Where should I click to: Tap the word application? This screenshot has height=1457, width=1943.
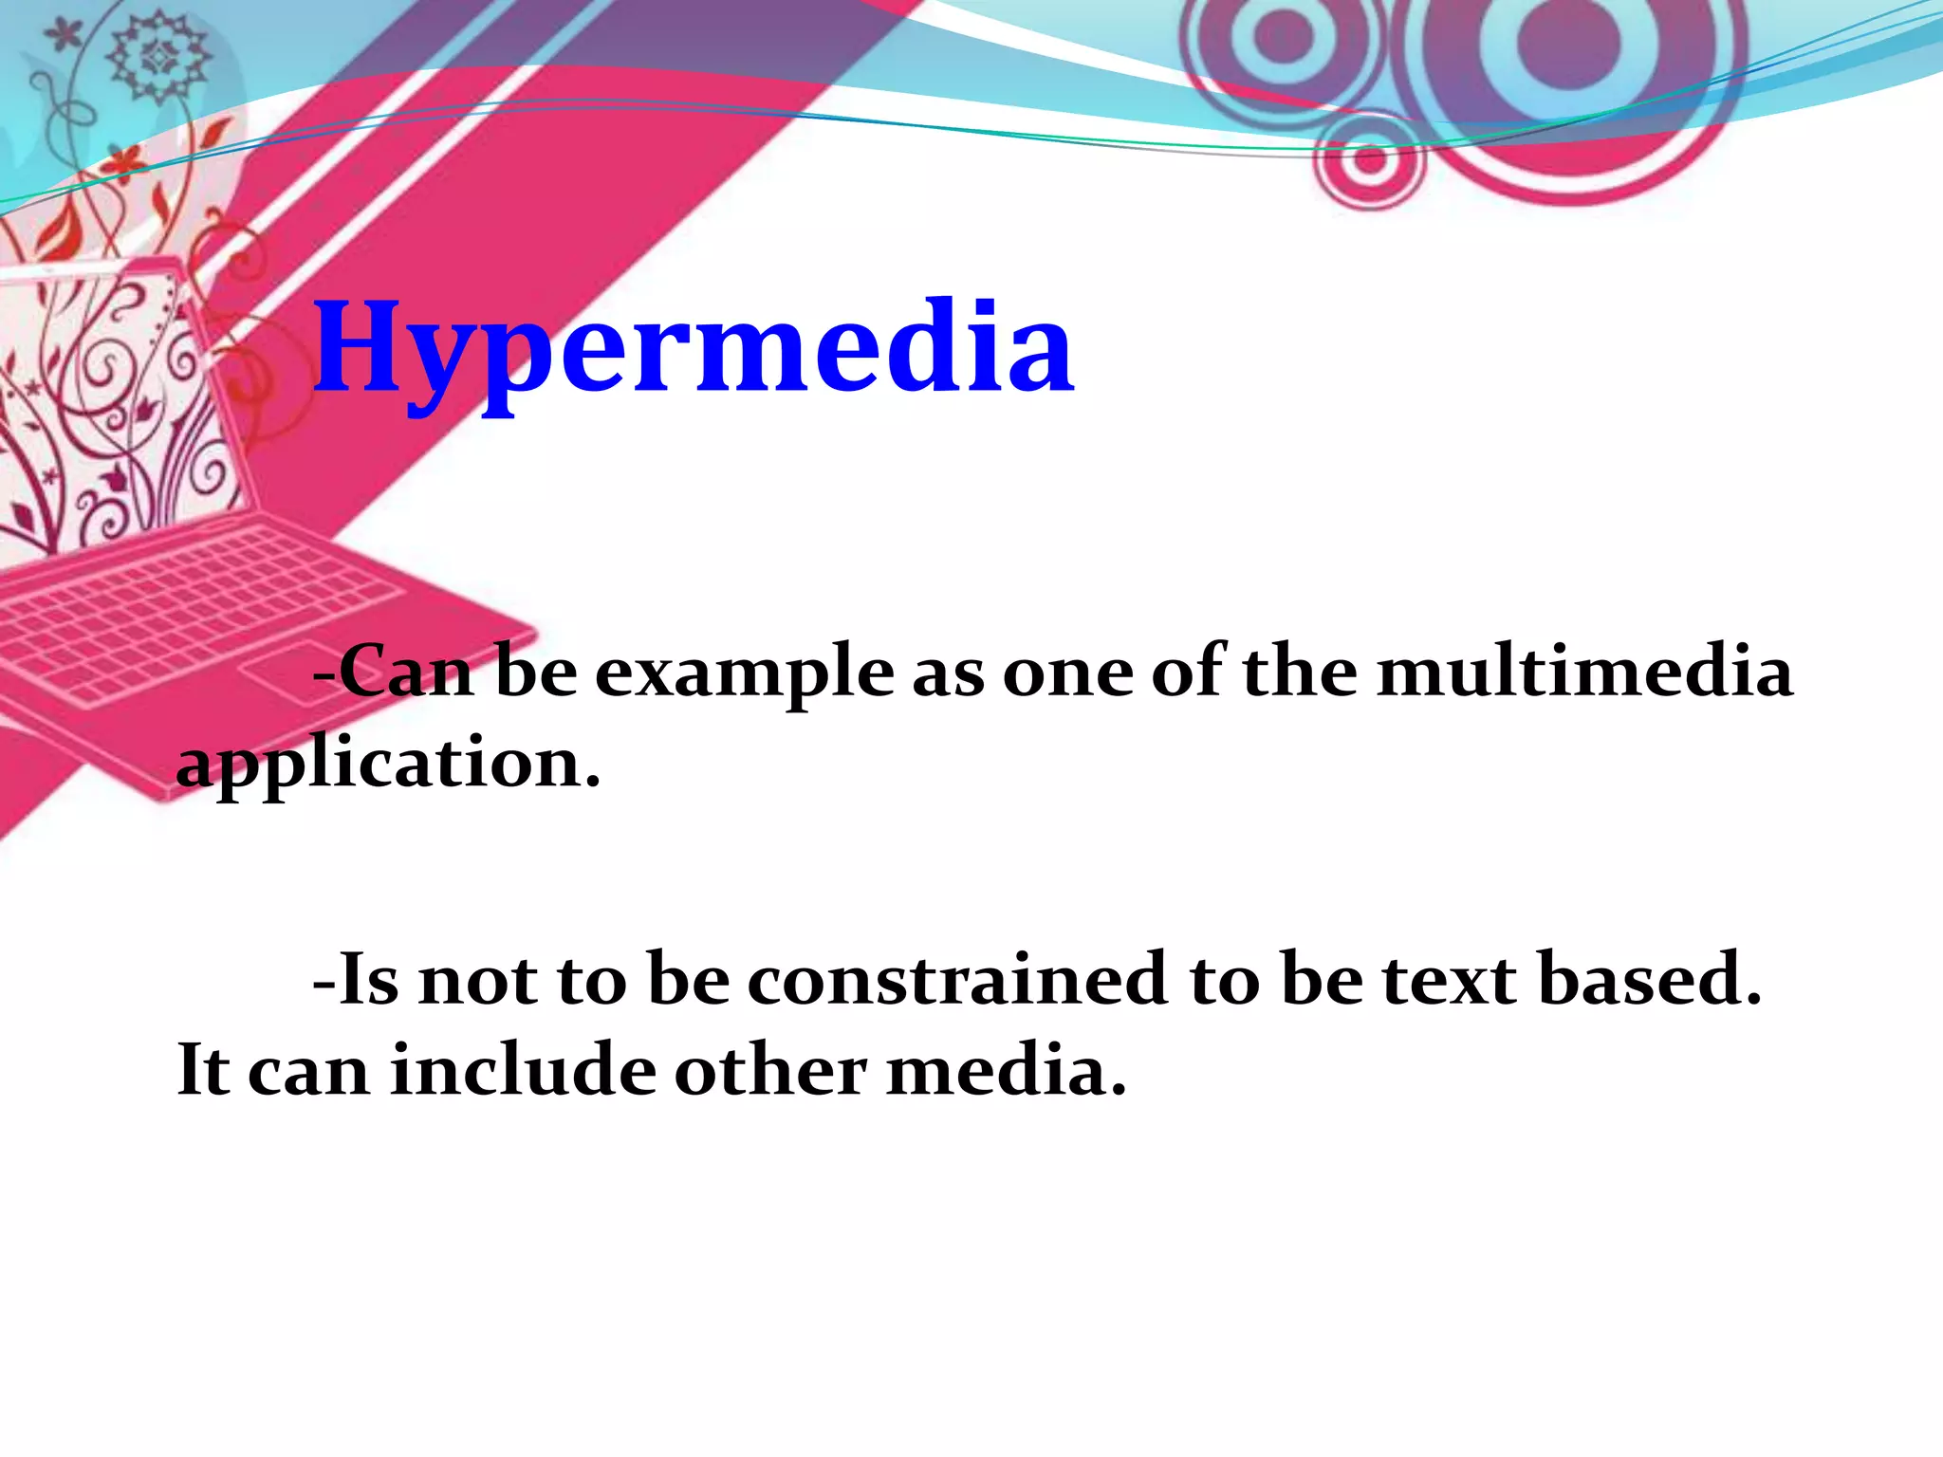coord(389,764)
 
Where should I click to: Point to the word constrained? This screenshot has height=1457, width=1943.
coord(957,979)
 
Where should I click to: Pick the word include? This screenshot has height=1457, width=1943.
coord(523,1070)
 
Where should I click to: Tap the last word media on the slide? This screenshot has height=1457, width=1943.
coord(1007,1070)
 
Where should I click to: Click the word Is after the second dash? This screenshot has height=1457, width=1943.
coord(368,979)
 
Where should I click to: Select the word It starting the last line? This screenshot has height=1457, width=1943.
coord(203,1070)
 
